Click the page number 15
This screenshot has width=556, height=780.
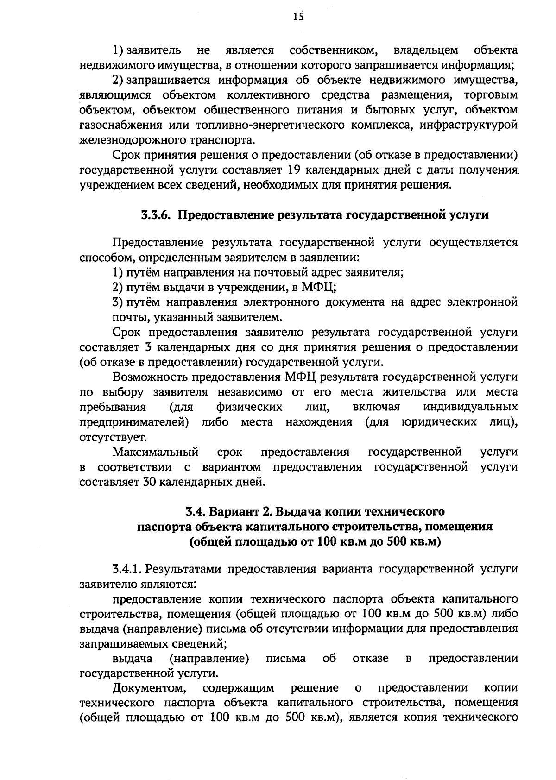coord(298,17)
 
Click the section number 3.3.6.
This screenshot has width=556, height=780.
coord(157,216)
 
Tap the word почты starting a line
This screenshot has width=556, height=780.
coord(126,318)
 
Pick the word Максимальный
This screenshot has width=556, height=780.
coord(156,452)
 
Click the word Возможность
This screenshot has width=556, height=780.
coord(148,377)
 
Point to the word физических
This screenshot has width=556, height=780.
coord(249,407)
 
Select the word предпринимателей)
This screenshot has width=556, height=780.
coord(134,422)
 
